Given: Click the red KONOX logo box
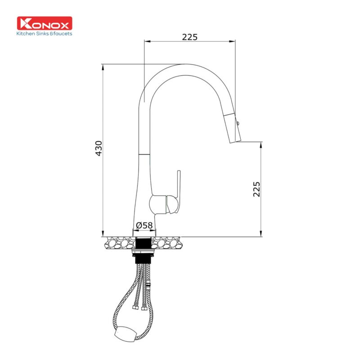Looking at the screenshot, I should tap(44, 23).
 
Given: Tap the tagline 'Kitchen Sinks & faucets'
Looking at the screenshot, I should tap(44, 33).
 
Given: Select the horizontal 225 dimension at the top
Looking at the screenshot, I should tap(189, 37).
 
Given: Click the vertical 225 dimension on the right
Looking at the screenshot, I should tap(256, 189).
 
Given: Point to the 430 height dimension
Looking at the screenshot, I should tap(99, 148).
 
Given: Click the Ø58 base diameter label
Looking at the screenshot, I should tap(145, 225).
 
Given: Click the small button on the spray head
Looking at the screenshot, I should tap(238, 121).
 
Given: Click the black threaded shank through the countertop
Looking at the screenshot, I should tap(145, 243).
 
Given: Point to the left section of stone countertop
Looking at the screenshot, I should tap(119, 243).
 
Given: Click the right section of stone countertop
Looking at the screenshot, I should tap(171, 243).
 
